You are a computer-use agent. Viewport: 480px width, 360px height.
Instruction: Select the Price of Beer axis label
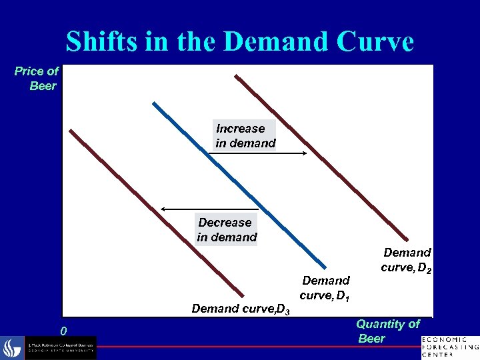(37, 78)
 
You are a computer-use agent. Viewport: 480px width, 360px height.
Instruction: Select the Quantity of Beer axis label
(387, 331)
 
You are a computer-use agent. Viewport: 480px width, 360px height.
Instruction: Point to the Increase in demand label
(245, 136)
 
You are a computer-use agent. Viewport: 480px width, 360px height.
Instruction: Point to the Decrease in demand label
(227, 229)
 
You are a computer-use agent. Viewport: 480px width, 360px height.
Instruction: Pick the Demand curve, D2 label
(406, 261)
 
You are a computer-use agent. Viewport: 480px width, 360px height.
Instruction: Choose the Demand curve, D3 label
(240, 309)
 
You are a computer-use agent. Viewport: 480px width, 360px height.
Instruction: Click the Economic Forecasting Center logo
(451, 347)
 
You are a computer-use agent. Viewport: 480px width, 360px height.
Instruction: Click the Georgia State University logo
(50, 348)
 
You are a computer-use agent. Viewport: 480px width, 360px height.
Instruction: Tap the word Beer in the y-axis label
(43, 86)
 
